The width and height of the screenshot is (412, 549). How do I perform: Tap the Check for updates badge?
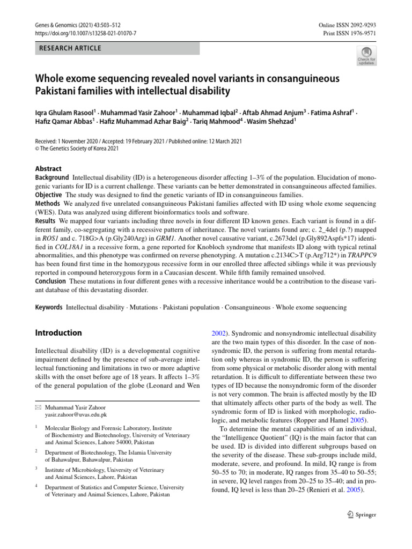366,56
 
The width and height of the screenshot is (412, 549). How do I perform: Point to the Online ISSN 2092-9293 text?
347,25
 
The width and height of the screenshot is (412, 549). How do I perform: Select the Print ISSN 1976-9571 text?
349,33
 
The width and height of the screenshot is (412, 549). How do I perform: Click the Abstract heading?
48,168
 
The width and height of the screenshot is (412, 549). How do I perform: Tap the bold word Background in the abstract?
51,177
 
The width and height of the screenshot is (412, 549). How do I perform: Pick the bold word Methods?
48,204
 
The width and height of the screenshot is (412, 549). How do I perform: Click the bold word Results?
45,221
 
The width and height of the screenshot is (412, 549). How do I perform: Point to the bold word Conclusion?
51,281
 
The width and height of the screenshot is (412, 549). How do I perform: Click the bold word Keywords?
49,308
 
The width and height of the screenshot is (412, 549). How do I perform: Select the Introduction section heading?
58,333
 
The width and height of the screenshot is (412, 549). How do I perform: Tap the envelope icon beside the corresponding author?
38,407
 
